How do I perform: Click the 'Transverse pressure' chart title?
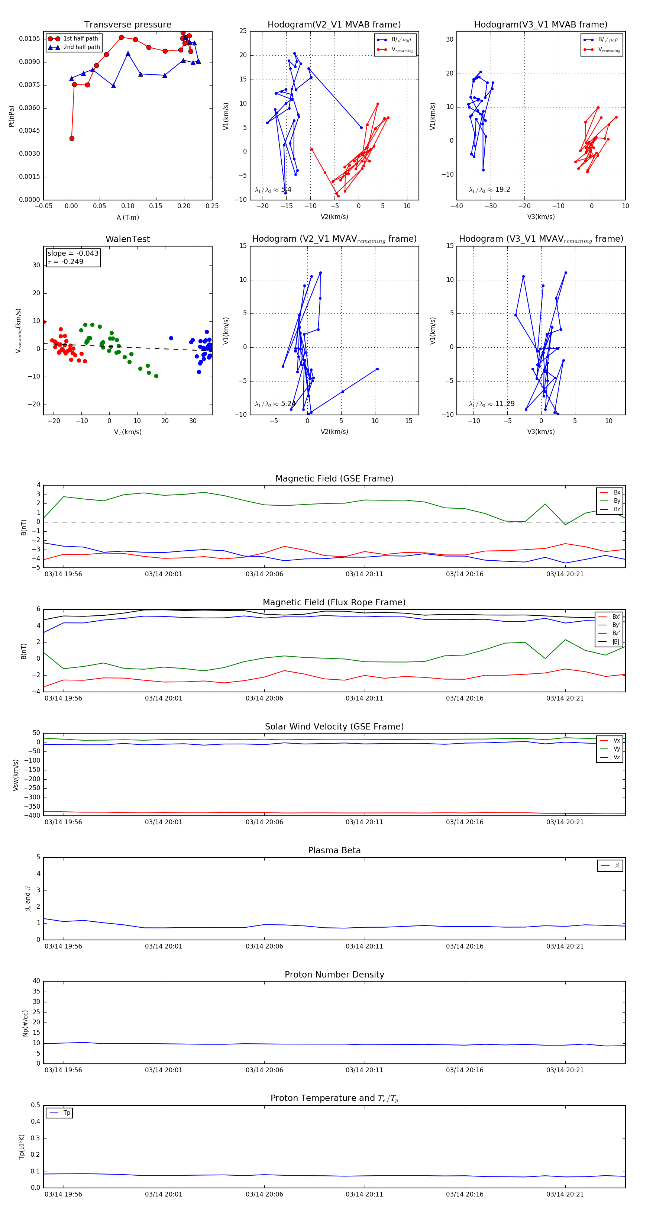pyautogui.click(x=127, y=25)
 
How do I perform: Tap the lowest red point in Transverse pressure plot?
pyautogui.click(x=72, y=139)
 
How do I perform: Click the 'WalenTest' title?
pyautogui.click(x=127, y=239)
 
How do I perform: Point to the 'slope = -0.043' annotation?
pyautogui.click(x=73, y=254)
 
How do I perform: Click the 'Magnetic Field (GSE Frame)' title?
pyautogui.click(x=334, y=479)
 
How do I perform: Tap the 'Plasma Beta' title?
pyautogui.click(x=334, y=851)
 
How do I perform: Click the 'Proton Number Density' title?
pyautogui.click(x=334, y=975)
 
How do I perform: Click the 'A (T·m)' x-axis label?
pyautogui.click(x=127, y=218)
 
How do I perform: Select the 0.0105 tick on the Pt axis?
pyautogui.click(x=29, y=39)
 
